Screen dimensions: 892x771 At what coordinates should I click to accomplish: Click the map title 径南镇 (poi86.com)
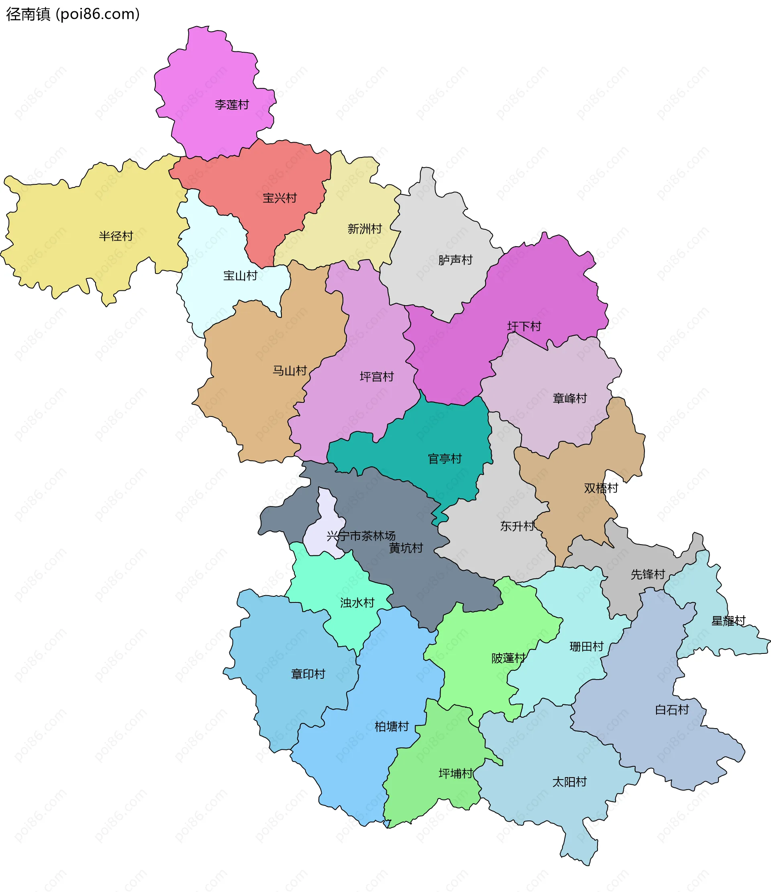click(x=73, y=14)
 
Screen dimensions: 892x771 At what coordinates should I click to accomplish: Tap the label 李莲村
click(x=232, y=104)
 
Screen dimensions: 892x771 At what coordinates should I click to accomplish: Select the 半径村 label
click(x=116, y=236)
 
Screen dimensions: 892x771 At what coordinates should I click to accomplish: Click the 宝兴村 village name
click(x=279, y=198)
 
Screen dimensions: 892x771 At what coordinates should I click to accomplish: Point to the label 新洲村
click(x=365, y=229)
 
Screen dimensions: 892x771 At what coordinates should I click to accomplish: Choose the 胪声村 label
click(x=455, y=260)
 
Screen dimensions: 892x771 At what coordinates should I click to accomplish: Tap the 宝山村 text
click(x=240, y=276)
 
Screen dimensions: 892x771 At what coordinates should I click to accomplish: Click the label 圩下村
click(x=524, y=327)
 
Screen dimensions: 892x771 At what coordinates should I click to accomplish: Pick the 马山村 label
click(x=289, y=371)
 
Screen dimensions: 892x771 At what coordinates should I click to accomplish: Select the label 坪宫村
click(x=377, y=377)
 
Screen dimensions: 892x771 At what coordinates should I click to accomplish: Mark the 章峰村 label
click(x=569, y=398)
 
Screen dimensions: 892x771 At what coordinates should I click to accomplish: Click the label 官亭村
click(x=445, y=459)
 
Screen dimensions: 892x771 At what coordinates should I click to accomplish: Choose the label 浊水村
click(x=357, y=603)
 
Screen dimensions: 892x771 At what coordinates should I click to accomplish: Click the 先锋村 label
click(x=647, y=574)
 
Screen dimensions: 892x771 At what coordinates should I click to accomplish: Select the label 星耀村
click(x=728, y=621)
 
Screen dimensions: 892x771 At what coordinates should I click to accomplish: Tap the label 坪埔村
click(x=455, y=774)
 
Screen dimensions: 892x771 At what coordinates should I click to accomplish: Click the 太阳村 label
click(x=569, y=782)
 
